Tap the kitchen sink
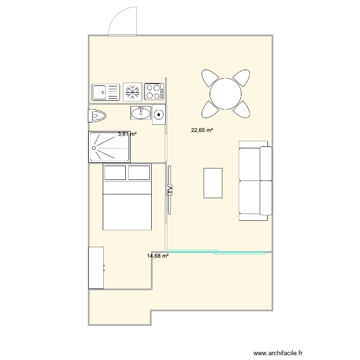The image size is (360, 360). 105,91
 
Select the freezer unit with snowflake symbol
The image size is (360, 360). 132,91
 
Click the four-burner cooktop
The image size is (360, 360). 154,91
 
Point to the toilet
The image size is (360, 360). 97,116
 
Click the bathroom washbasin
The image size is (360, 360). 141,113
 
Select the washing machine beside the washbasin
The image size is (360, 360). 159,115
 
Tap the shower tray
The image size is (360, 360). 109,147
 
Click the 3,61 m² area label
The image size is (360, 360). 127,134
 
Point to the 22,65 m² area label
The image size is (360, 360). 202,130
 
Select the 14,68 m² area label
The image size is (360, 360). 158,256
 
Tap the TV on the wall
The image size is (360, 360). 169,189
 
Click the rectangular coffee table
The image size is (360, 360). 213,183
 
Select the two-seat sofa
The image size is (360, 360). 255,180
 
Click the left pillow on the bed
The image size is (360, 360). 115,172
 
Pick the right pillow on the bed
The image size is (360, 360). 139,172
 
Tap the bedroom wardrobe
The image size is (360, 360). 96,268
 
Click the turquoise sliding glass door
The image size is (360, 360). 216,252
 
